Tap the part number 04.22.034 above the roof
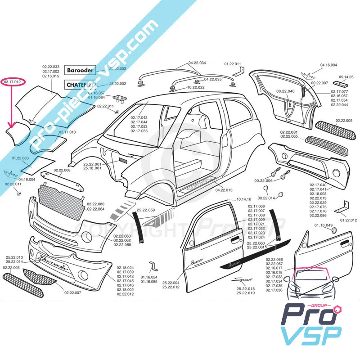[x=197, y=63]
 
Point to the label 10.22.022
[x=196, y=87]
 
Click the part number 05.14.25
[x=346, y=77]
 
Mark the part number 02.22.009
[x=343, y=121]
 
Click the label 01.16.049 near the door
[x=324, y=225]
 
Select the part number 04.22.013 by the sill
[x=224, y=190]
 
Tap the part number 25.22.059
[x=146, y=210]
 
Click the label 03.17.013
[x=67, y=132]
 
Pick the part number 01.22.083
[x=20, y=158]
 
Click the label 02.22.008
[x=62, y=170]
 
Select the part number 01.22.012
[x=348, y=220]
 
